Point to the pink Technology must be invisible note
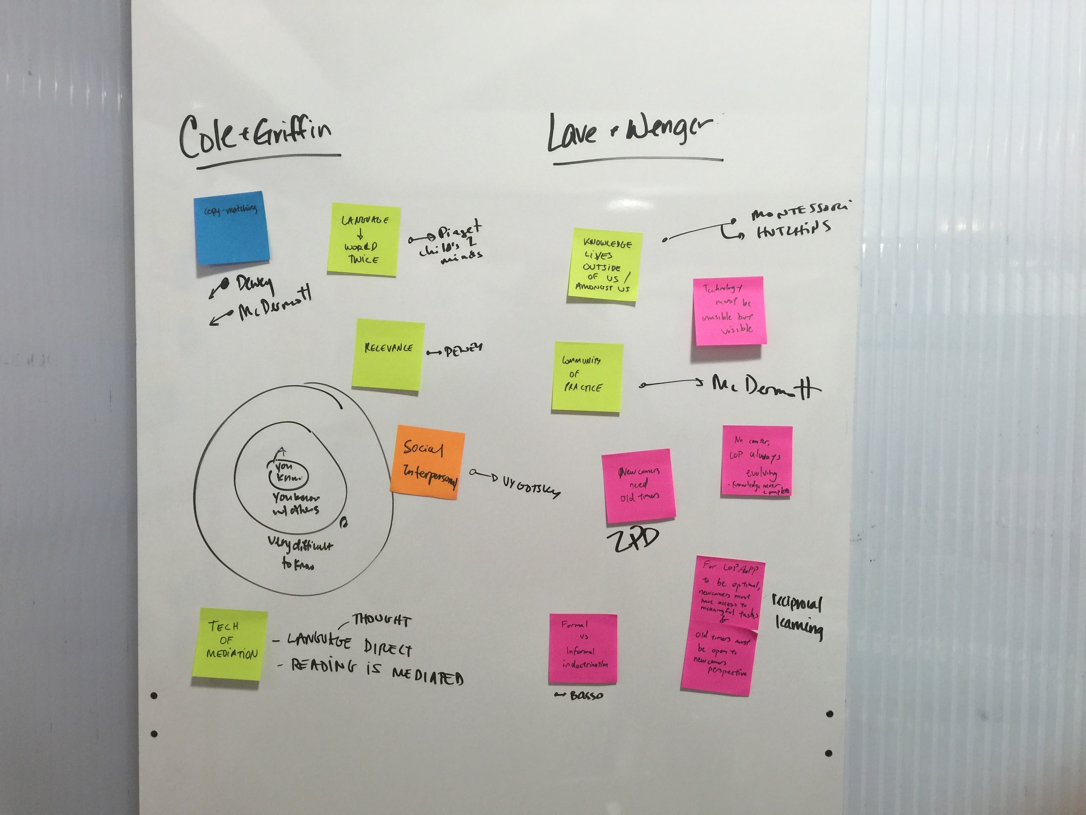coord(729,311)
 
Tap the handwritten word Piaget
coord(459,231)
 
